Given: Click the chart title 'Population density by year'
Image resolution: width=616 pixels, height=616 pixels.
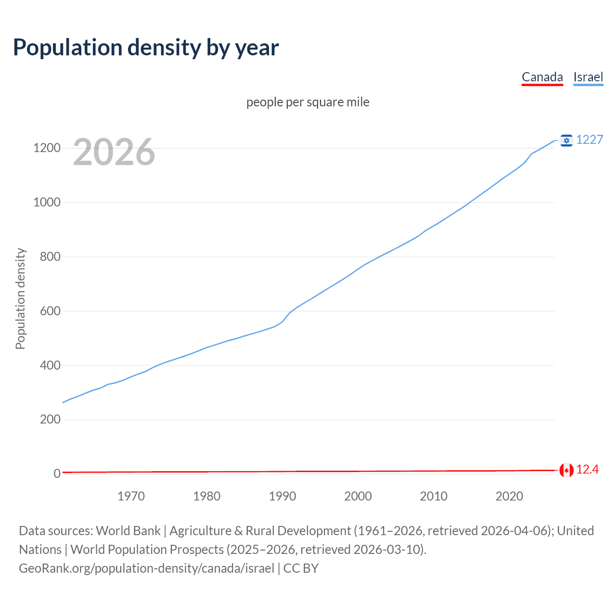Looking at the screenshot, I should point(146,48).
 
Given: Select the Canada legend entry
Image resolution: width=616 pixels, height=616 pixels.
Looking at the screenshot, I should point(542,77).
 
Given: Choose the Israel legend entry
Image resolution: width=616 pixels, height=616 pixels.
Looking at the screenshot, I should point(588,77).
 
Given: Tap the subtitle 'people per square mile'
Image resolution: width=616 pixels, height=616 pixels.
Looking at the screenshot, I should point(308,102).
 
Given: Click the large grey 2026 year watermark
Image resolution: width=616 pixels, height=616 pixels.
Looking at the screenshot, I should point(114,152).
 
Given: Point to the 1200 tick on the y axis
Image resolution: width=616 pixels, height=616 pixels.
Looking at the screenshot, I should point(47,148).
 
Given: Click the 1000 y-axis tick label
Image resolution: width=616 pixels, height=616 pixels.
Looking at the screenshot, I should point(47,202).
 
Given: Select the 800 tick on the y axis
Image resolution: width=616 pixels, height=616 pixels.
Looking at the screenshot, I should point(50,257).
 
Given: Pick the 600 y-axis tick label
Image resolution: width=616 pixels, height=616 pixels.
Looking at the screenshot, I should point(50,311).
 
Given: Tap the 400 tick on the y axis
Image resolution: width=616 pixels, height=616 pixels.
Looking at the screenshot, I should point(50,365).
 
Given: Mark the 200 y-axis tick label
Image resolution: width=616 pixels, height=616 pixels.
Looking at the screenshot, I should point(50,420).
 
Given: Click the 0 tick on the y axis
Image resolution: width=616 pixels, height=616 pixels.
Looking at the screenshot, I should point(57,474).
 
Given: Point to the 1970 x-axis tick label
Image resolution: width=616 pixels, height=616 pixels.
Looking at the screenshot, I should point(131,496).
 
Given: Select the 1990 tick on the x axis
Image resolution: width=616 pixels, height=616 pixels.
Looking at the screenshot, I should point(282,496).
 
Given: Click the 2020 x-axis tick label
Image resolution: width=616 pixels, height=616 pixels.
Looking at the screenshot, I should point(509,496).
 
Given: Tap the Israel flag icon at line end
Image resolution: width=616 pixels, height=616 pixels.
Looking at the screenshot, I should point(566,140).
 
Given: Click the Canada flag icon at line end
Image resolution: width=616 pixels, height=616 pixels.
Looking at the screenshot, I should point(566,470).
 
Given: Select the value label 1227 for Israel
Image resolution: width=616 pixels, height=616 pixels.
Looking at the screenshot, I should point(590,140).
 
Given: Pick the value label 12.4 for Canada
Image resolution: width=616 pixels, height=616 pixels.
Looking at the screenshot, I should point(587,470).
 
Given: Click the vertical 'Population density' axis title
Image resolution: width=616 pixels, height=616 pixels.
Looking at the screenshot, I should point(20,298).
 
